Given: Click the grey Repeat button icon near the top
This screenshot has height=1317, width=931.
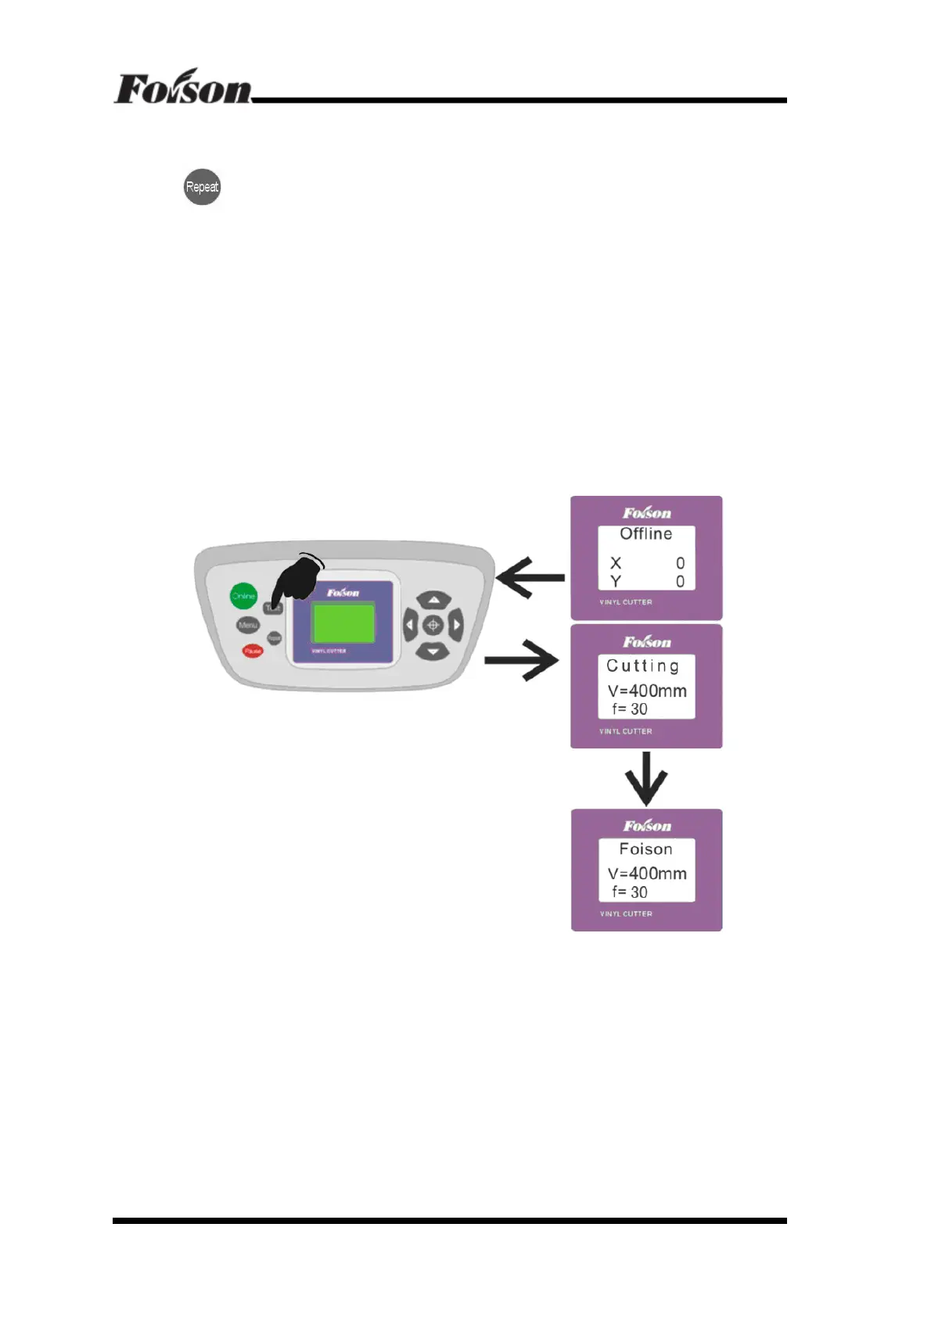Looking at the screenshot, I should click(202, 187).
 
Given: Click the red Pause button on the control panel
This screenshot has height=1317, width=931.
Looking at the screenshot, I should click(252, 651).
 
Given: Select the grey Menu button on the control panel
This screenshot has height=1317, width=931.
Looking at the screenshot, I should click(247, 625).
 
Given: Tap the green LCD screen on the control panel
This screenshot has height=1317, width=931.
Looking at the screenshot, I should click(343, 623).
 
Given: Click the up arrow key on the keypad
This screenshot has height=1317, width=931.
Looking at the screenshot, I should click(433, 601).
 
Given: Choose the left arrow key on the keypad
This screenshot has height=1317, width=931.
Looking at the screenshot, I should click(410, 626).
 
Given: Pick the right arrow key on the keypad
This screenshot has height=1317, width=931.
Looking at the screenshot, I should click(455, 626).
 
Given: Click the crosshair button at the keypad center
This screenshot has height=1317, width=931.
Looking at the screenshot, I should click(433, 626).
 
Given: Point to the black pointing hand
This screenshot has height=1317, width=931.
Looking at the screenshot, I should click(298, 579).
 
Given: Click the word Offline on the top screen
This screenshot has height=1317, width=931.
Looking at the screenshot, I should click(645, 533).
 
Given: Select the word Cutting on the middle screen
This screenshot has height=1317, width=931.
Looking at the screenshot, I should click(642, 666).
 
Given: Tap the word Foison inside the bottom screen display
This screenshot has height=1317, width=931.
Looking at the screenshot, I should click(645, 849).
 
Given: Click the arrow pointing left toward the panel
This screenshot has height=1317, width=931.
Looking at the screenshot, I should click(530, 578).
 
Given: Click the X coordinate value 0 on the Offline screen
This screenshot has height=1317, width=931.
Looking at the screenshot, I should click(680, 563).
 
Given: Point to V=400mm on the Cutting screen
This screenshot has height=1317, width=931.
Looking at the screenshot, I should click(647, 691).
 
